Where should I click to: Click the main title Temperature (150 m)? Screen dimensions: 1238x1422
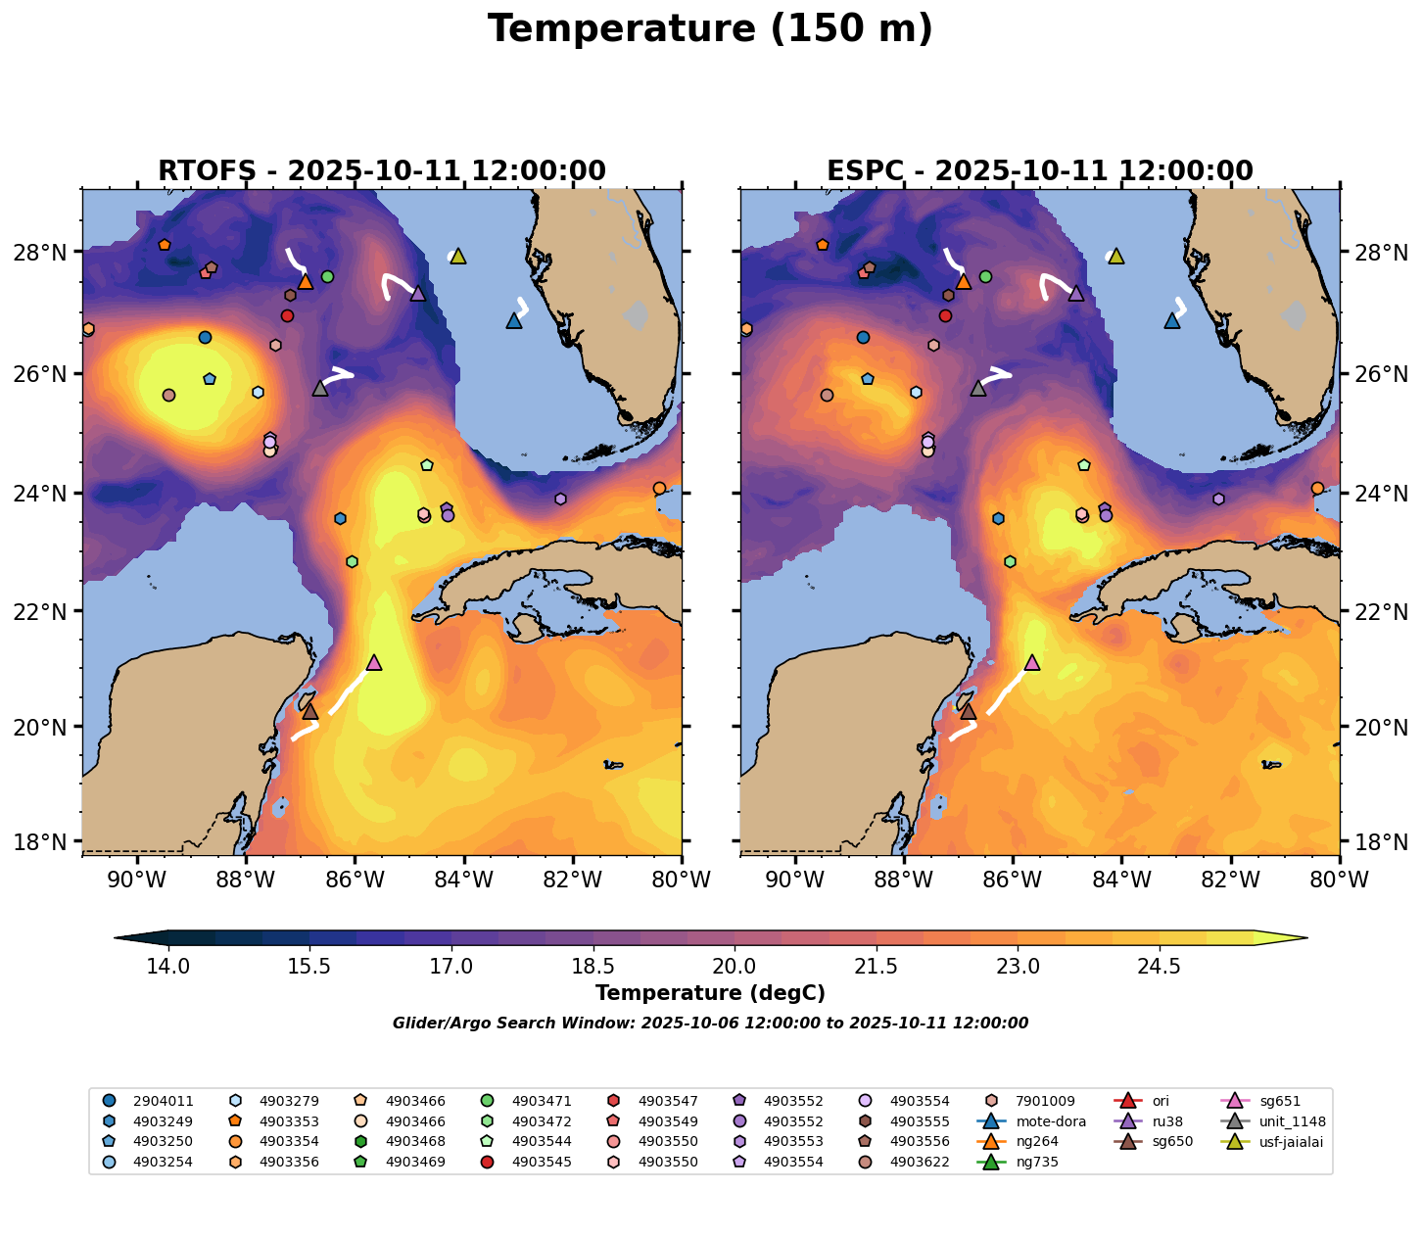click(710, 29)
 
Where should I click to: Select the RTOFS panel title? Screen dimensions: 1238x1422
click(382, 171)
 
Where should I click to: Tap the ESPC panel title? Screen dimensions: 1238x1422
click(1040, 171)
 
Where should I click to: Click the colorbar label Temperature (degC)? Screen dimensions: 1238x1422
click(710, 993)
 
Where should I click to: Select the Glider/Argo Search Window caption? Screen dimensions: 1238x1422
click(710, 1024)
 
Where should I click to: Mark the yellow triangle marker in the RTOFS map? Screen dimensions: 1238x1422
click(457, 257)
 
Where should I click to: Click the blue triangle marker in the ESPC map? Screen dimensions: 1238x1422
click(1171, 320)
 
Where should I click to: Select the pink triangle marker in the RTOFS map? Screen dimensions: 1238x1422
click(373, 663)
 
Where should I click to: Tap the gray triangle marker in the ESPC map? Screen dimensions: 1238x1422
click(978, 389)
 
